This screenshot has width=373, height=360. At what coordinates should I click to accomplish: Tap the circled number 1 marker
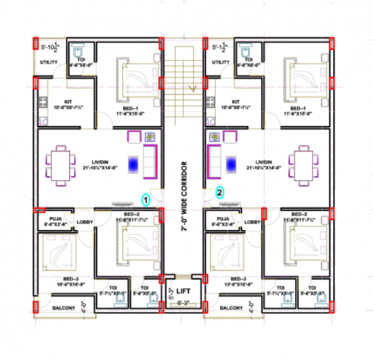pos(145,200)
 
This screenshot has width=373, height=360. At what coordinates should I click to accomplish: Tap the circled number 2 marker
pos(220,192)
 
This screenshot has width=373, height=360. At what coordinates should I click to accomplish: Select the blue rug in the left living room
pos(134,164)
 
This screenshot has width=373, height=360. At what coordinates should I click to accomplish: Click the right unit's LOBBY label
pos(252,222)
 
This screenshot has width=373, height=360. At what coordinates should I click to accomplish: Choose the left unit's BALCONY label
pos(63,308)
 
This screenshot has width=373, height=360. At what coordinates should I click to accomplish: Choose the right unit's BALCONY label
pos(231,308)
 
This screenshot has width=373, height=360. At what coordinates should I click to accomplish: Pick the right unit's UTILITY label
pos(221,63)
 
